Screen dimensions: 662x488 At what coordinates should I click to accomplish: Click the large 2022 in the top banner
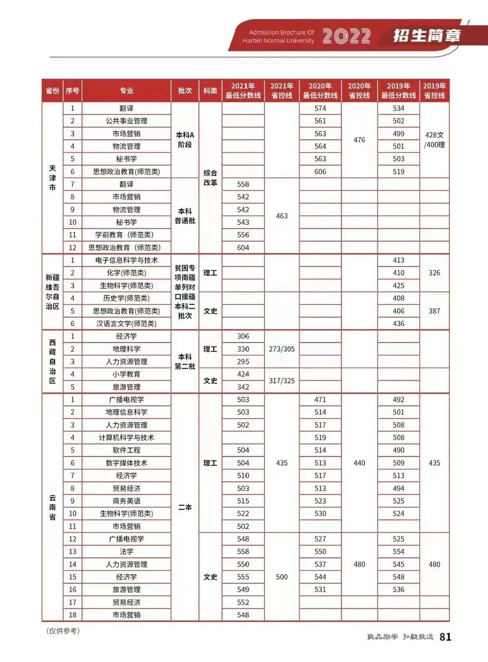[x=347, y=37]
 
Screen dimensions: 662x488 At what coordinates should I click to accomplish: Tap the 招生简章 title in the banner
[x=427, y=35]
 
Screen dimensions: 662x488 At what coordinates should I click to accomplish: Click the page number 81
[x=446, y=637]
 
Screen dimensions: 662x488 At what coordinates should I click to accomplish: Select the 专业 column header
[x=127, y=91]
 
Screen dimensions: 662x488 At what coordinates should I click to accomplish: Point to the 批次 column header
[x=185, y=91]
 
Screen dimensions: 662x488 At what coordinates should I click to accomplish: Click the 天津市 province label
[x=52, y=178]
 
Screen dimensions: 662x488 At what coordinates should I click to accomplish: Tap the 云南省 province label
[x=52, y=507]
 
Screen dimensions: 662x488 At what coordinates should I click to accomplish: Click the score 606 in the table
[x=320, y=172]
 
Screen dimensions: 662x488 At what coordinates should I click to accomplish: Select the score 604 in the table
[x=243, y=247]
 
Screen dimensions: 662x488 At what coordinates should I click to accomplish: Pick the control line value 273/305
[x=282, y=349]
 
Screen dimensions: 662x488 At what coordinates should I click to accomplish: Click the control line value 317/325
[x=282, y=381]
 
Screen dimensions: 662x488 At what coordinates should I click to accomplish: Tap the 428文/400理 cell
[x=434, y=140]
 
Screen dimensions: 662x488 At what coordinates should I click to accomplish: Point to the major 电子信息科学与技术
[x=127, y=260]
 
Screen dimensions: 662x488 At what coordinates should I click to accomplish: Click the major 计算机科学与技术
[x=127, y=438]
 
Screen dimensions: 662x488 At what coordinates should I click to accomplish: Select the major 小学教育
[x=127, y=374]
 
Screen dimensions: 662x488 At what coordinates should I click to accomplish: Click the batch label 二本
[x=185, y=507]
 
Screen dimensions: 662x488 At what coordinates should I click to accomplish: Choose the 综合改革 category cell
[x=210, y=178]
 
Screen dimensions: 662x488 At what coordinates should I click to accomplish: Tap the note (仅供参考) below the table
[x=63, y=631]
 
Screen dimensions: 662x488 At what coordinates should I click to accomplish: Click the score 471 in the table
[x=320, y=400]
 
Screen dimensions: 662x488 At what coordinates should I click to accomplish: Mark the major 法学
[x=127, y=551]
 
